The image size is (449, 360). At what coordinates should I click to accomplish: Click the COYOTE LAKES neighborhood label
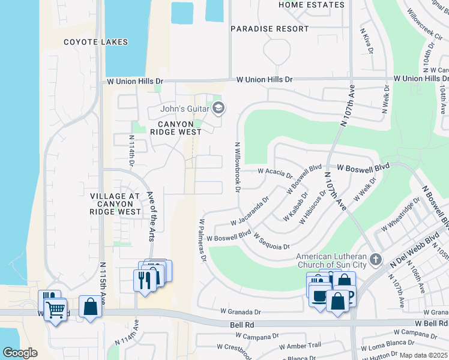[x=97, y=42]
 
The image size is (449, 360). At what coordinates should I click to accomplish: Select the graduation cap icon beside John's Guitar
[x=218, y=108]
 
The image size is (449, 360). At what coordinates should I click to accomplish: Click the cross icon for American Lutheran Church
[x=375, y=259]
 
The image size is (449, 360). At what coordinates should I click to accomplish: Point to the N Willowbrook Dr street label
[x=238, y=167]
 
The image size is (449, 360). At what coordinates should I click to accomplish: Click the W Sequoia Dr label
[x=272, y=242]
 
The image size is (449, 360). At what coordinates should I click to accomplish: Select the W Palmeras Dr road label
[x=202, y=241]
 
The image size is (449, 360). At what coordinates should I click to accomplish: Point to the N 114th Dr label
[x=131, y=151]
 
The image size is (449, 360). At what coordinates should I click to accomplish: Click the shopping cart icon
[x=55, y=310]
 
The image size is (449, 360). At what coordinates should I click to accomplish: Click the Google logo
[x=20, y=353]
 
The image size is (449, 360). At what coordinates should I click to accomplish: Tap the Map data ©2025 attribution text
[x=423, y=355]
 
